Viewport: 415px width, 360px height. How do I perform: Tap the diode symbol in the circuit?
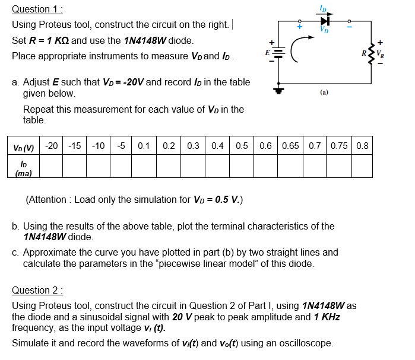coord(324,20)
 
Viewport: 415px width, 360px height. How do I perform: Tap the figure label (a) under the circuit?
coord(324,93)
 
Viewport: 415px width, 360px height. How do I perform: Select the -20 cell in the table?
coord(52,146)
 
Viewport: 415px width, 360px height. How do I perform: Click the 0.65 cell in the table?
coord(290,146)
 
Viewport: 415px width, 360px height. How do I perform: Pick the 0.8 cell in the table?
coord(363,146)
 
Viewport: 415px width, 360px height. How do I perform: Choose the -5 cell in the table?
coord(121,146)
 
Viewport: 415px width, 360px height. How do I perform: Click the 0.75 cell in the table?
coord(340,146)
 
